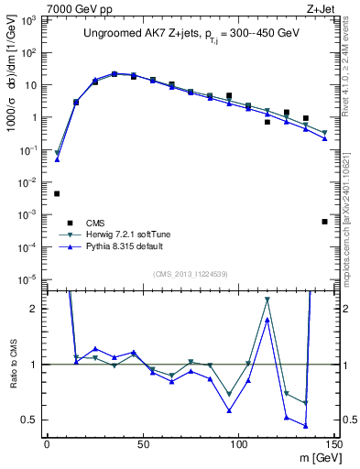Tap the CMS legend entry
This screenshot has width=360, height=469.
coord(94,223)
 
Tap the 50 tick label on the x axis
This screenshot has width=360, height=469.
coord(142,444)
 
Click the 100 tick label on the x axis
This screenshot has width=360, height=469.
coord(238,444)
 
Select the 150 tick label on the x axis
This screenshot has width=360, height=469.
coord(333,444)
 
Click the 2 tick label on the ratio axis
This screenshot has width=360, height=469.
coord(38,310)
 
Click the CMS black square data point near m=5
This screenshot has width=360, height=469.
coord(57,193)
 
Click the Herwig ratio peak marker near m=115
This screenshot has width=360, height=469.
coord(267,300)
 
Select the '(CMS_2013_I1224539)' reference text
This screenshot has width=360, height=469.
coord(189,273)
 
